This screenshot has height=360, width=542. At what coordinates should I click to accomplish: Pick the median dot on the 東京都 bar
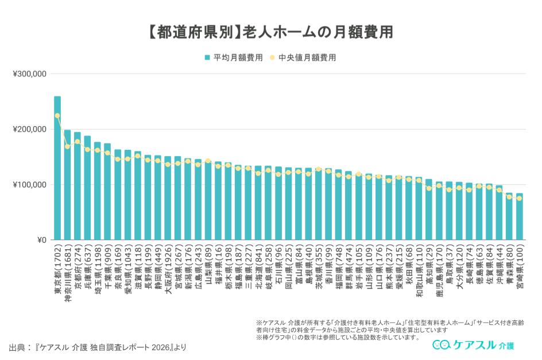(57, 116)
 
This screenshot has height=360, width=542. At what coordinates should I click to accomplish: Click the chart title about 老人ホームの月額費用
(270, 32)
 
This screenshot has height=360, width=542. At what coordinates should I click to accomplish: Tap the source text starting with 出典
(98, 347)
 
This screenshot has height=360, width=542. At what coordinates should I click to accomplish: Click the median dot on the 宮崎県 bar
(519, 199)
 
